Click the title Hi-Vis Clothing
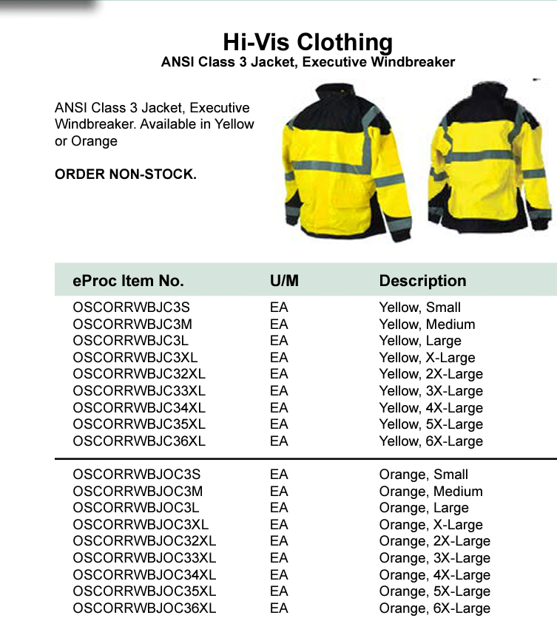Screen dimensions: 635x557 click(308, 41)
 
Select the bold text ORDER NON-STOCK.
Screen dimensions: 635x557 click(126, 175)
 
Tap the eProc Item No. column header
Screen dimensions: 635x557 click(128, 281)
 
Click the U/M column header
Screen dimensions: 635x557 click(284, 281)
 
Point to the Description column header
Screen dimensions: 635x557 click(422, 281)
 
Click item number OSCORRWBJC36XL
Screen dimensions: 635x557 click(139, 441)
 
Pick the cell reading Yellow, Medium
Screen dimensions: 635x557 click(427, 325)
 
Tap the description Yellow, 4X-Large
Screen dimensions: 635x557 click(431, 408)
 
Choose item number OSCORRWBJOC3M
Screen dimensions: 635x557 click(138, 492)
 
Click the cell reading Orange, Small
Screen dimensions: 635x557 click(423, 475)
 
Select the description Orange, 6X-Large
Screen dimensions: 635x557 click(434, 608)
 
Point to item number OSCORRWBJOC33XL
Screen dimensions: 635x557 click(144, 558)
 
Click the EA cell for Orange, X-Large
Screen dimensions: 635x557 click(279, 525)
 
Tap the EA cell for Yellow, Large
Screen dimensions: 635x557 click(279, 341)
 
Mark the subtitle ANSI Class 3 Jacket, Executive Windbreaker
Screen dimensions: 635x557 click(308, 62)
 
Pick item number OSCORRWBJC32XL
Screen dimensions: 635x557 click(139, 374)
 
